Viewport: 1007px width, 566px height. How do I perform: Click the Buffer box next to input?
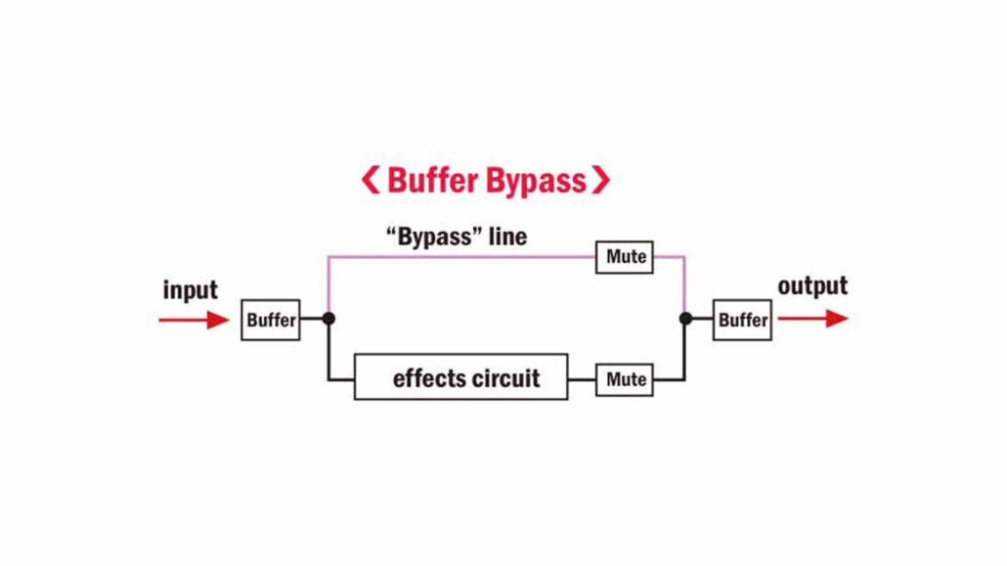[271, 320]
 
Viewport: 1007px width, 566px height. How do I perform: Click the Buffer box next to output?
[742, 320]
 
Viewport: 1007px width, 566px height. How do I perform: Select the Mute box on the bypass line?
[625, 257]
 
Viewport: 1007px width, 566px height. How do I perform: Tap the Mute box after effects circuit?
[625, 379]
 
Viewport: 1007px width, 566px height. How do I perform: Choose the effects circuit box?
[460, 377]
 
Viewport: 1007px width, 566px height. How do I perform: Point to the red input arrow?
[194, 319]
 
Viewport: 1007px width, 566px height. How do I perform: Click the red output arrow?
[812, 319]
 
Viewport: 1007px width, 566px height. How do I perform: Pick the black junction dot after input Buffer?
[328, 319]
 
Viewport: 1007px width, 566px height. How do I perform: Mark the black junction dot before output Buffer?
[685, 319]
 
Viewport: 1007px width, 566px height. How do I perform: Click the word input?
[191, 290]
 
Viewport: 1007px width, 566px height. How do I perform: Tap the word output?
[812, 286]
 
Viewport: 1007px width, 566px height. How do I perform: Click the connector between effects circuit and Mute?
[582, 379]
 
